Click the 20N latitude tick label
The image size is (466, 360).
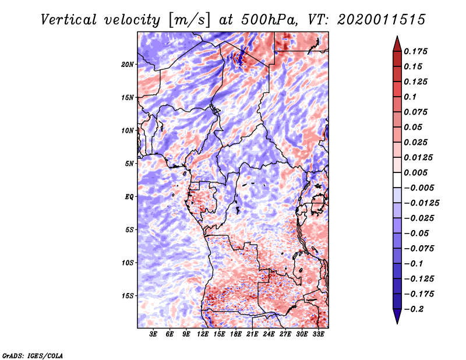(128, 64)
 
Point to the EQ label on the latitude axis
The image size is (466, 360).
(129, 197)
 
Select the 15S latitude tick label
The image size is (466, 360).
(128, 296)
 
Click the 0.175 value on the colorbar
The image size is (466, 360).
(417, 51)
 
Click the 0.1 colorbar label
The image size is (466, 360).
(412, 97)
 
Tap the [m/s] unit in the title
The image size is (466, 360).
(184, 20)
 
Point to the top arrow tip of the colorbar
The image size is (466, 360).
(397, 38)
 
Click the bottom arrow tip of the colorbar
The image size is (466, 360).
(397, 322)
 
